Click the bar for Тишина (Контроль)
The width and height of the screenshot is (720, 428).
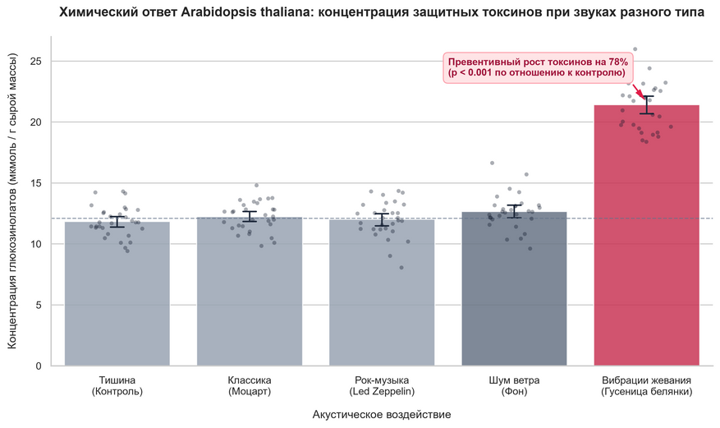click(x=117, y=294)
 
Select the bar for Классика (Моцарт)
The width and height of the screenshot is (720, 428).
click(x=250, y=292)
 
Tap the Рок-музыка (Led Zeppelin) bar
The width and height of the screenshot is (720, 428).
click(x=382, y=293)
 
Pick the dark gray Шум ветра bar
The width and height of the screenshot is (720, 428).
click(x=514, y=289)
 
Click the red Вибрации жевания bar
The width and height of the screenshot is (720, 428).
click(x=647, y=236)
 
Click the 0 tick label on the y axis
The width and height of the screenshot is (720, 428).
click(x=39, y=366)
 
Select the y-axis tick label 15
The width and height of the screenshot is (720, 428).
click(x=35, y=183)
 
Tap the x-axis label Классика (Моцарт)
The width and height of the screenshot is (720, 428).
click(x=250, y=386)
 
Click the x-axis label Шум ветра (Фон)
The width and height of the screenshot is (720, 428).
click(x=514, y=386)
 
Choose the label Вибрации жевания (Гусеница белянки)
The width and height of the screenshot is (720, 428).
click(x=647, y=386)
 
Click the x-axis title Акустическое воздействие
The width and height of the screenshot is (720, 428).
click(x=382, y=415)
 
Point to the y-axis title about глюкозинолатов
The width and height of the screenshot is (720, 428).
click(x=12, y=201)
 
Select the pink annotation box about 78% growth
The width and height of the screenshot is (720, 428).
click(x=538, y=68)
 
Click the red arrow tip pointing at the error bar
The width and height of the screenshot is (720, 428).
click(x=644, y=99)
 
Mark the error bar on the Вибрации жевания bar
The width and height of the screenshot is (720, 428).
click(x=647, y=104)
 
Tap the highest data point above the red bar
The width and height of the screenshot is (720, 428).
click(x=635, y=48)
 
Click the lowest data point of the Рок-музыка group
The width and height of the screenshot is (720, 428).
click(x=401, y=267)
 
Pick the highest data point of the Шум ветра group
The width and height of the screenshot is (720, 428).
click(x=492, y=163)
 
